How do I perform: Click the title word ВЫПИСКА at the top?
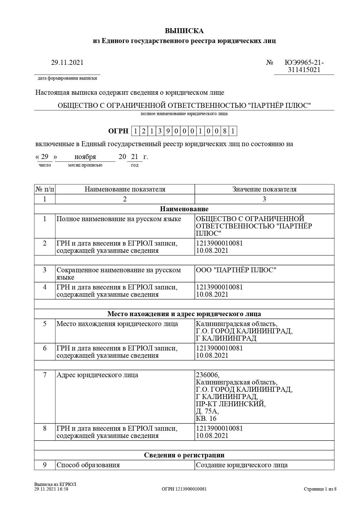184,31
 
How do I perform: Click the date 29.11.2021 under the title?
67,62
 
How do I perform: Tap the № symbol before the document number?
270,62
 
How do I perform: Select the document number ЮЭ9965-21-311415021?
304,66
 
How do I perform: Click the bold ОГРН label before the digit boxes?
118,131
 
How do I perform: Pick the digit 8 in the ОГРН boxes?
225,131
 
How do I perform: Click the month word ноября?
85,157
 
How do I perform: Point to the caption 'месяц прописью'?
85,165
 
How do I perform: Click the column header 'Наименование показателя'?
125,189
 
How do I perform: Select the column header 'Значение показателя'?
264,189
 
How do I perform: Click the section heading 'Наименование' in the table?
184,209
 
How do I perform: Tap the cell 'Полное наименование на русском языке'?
119,219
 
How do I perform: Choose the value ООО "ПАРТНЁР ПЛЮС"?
236,270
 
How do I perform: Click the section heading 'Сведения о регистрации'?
184,455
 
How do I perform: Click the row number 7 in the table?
45,375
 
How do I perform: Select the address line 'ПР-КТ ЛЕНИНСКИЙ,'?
231,404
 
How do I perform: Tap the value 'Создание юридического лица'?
242,465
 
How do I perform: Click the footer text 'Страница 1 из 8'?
320,489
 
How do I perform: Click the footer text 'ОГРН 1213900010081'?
184,489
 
